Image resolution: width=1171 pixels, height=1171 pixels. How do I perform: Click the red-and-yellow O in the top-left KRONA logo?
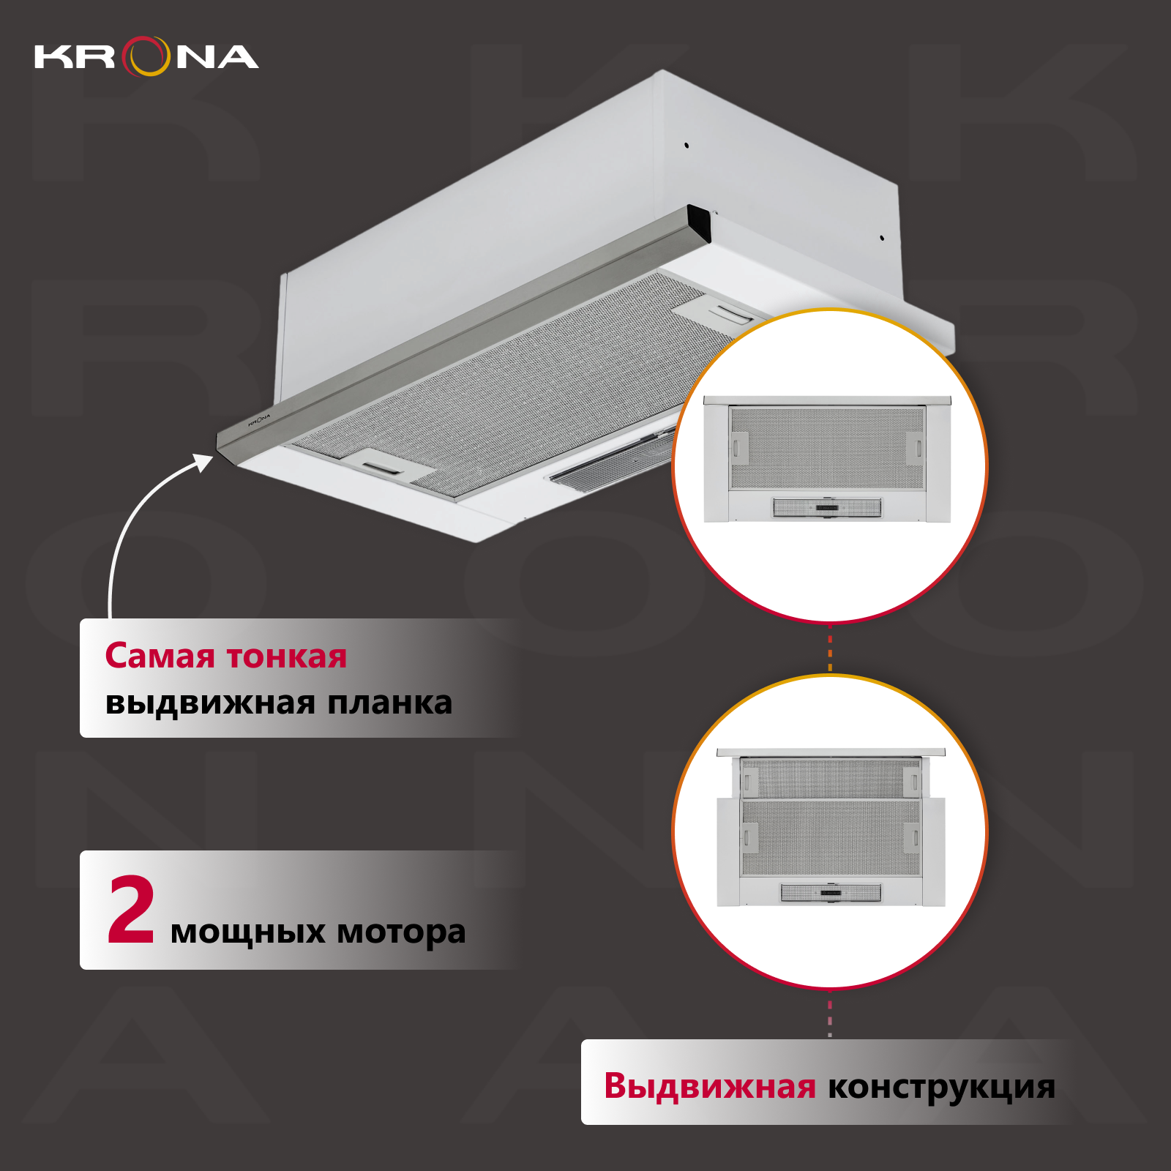pyautogui.click(x=146, y=56)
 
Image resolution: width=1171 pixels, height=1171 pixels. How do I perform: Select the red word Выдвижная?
pyautogui.click(x=709, y=1086)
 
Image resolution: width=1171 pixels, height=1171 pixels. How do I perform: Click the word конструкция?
pyautogui.click(x=941, y=1088)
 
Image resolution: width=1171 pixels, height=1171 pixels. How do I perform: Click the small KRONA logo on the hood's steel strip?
pyautogui.click(x=259, y=419)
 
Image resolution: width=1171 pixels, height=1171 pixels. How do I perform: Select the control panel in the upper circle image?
pyautogui.click(x=828, y=507)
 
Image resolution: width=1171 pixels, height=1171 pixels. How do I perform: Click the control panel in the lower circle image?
pyautogui.click(x=831, y=892)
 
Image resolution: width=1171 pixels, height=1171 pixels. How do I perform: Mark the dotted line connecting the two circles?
pyautogui.click(x=830, y=648)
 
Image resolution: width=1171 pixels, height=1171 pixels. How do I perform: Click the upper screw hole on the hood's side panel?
pyautogui.click(x=686, y=145)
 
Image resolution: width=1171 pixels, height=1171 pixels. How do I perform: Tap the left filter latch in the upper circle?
pyautogui.click(x=738, y=447)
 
